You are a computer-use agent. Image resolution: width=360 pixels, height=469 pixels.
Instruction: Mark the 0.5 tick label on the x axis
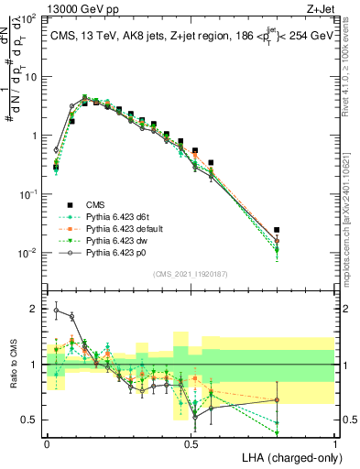click(191, 442)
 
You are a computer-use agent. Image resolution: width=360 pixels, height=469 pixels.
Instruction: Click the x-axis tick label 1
click(334, 442)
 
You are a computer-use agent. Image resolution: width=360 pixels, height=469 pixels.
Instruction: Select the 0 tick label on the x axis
click(47, 442)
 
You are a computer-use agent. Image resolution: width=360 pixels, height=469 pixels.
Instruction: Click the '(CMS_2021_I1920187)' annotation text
click(190, 273)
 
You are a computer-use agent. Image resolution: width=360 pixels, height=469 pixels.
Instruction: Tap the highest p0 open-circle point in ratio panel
click(56, 310)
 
